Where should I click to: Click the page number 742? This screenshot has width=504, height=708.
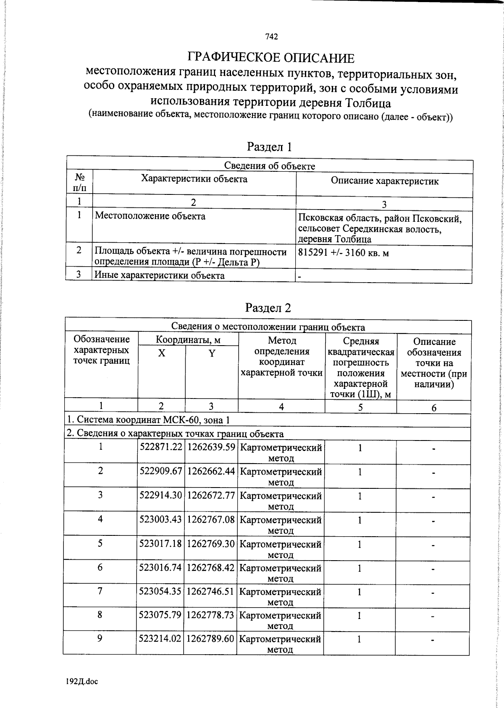tap(271, 37)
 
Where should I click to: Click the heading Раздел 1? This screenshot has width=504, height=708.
tap(269, 147)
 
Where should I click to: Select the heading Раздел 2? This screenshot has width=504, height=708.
tap(268, 308)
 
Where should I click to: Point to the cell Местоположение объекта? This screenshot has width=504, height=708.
tap(150, 216)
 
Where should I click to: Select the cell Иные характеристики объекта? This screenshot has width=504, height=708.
tap(159, 275)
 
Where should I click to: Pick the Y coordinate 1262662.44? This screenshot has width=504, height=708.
tap(211, 471)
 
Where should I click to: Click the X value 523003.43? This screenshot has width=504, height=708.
tap(160, 519)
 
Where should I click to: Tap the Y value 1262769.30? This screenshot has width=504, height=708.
tap(210, 544)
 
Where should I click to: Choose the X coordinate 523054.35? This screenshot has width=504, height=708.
tap(160, 591)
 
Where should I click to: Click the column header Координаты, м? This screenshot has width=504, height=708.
tap(188, 339)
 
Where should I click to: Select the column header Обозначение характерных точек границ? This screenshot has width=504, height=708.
tap(101, 350)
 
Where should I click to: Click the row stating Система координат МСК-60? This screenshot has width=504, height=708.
tap(149, 420)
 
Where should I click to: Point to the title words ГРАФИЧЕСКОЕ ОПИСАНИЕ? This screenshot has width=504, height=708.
tap(270, 58)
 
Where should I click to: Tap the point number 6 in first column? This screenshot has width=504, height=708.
tap(100, 567)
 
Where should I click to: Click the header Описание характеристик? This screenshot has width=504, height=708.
tap(384, 181)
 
